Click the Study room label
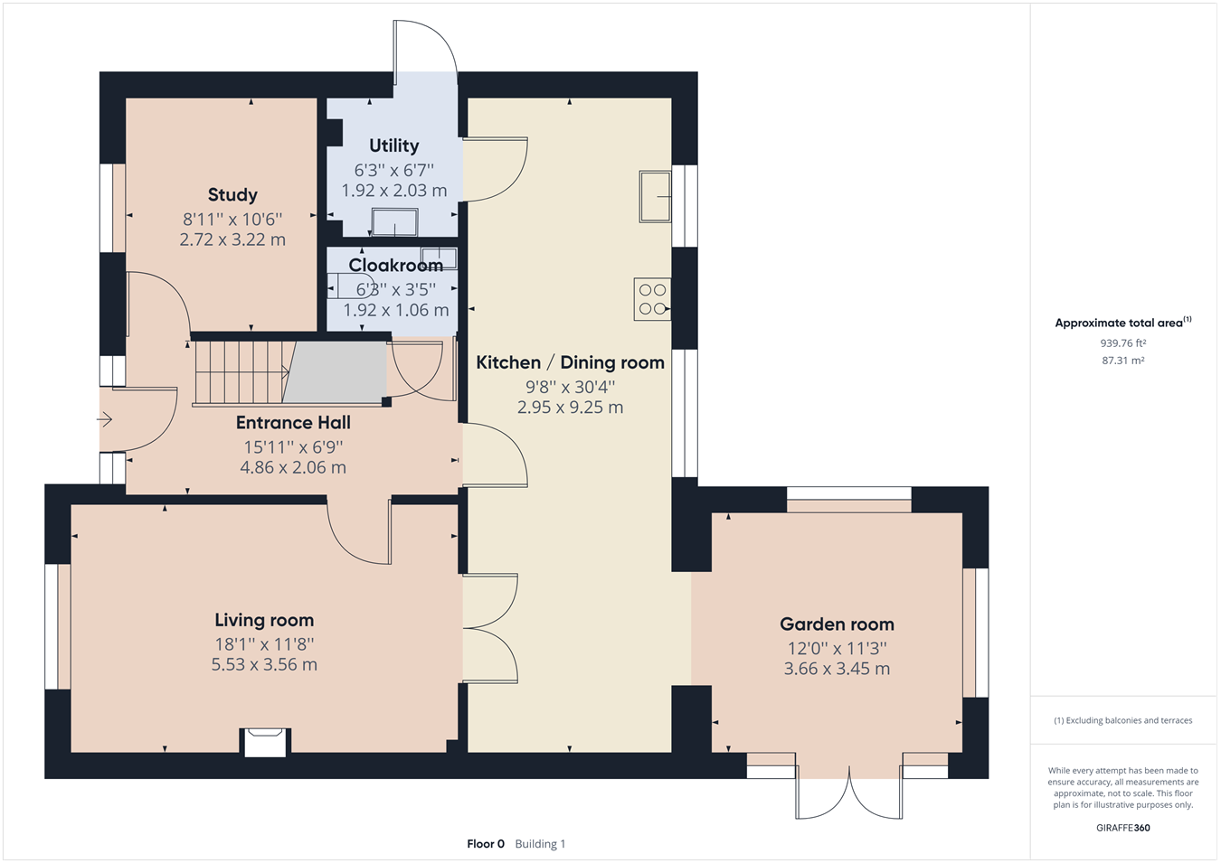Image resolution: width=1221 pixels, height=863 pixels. pos(232,195)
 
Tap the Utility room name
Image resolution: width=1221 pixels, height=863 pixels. pos(393,145)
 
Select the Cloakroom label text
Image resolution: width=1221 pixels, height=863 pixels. pos(395,265)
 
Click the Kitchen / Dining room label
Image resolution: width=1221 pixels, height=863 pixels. pos(570,362)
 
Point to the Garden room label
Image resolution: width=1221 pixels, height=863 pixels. pos(837,624)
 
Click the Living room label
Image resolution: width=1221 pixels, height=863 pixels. pos(264,620)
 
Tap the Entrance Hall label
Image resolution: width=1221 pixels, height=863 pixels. pos(293,422)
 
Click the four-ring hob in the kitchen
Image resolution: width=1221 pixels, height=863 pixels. pos(652,299)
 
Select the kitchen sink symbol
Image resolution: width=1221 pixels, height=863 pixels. pos(656,195)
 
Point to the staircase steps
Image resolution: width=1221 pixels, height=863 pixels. pos(240,371)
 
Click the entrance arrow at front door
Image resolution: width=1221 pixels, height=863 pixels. pos(105,419)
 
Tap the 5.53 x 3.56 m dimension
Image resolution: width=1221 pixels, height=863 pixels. pos(264,665)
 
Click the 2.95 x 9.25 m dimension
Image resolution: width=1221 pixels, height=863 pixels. pos(570,408)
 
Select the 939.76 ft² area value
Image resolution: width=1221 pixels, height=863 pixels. pos(1122,343)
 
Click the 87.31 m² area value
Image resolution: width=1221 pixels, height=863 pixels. pos(1122,361)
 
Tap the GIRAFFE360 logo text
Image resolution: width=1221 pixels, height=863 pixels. pos(1122,828)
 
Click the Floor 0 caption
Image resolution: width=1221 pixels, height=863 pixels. pos(486,844)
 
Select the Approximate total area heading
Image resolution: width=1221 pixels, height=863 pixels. pos(1122,323)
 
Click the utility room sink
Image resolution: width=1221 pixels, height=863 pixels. pos(395,222)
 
